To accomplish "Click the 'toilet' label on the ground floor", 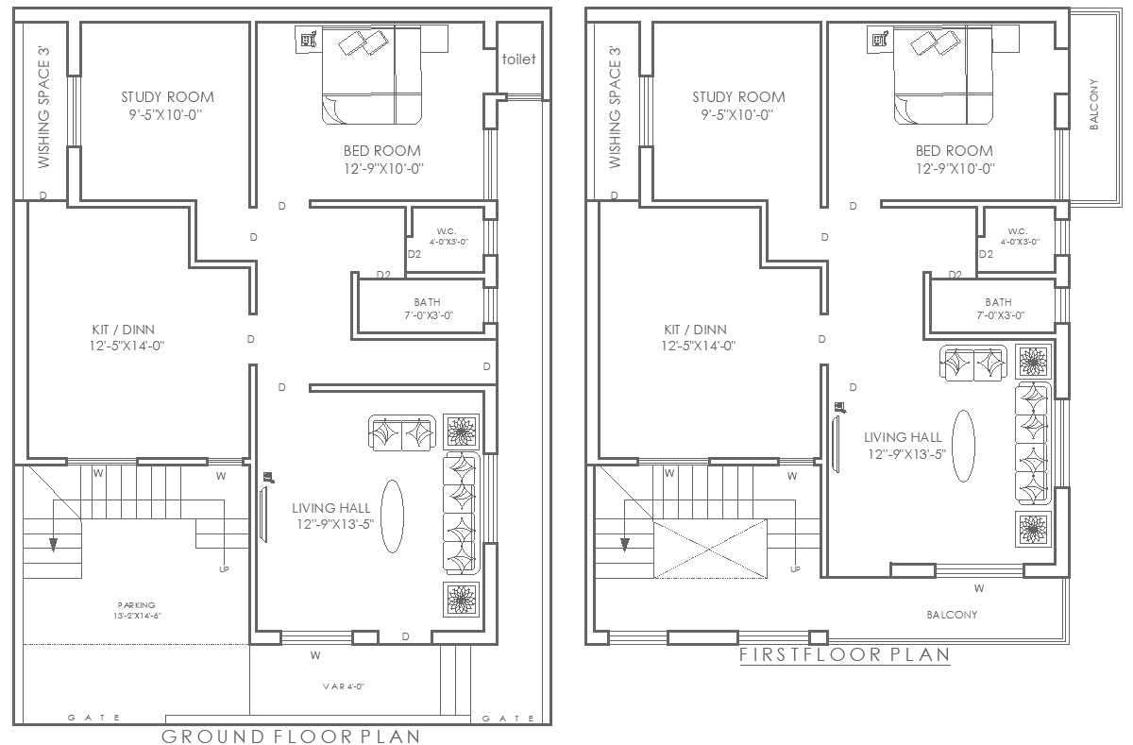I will pos(518,59).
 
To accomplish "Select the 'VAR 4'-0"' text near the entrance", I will pos(343,686).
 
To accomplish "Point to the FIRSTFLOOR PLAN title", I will pos(844,653).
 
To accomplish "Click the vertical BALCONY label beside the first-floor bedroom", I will pos(1094,104).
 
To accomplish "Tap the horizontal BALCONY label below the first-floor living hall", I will pos(951,615).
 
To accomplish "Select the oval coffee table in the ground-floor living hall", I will pos(393,516).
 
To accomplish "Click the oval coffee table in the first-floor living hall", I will pos(964,446).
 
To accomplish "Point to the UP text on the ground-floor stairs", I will pos(224,569).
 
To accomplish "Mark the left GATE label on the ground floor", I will pos(94,719).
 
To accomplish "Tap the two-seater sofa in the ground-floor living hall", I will pos(401,433).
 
